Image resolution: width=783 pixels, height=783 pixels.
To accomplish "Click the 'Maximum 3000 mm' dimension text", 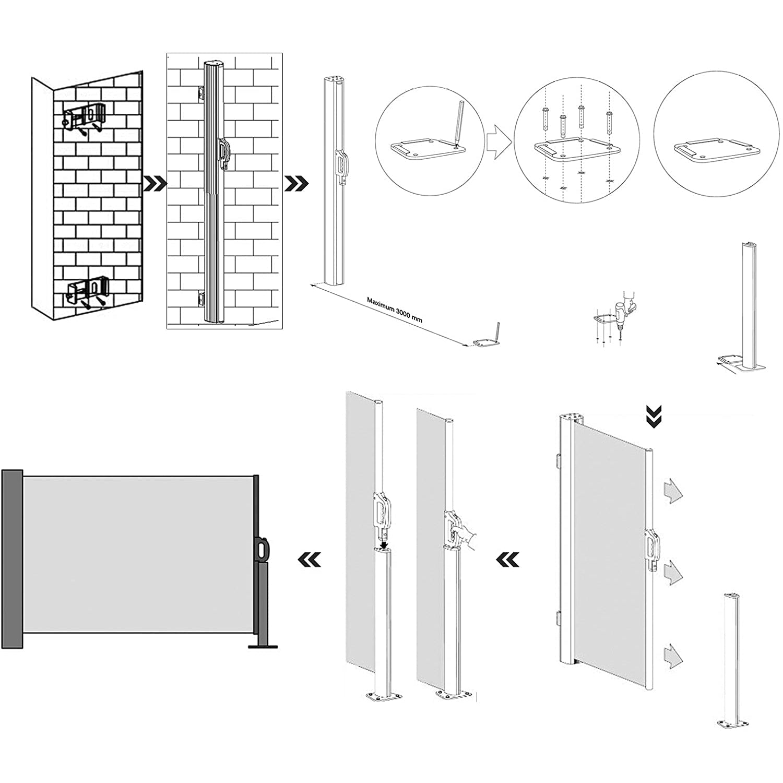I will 394,311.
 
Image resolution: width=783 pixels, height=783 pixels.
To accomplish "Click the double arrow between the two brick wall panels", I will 156,183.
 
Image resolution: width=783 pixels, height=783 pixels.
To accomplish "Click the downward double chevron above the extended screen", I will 653,418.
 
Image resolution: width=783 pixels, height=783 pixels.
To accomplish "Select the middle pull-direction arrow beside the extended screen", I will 672,574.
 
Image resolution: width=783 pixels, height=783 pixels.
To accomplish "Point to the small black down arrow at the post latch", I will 384,545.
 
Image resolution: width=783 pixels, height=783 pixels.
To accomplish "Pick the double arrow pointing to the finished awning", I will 309,560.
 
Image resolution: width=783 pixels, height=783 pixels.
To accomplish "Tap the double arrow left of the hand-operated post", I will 507,560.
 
